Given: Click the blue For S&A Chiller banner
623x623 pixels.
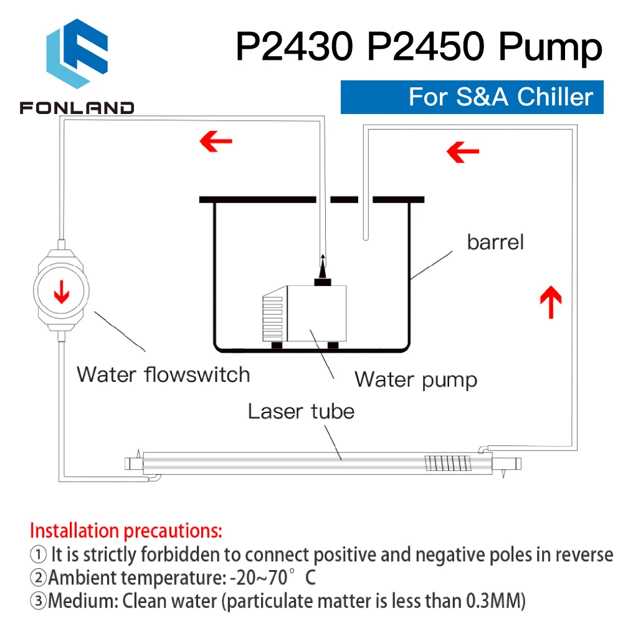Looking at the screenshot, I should tap(472, 97).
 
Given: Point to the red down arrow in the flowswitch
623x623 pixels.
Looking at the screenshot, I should tap(62, 292).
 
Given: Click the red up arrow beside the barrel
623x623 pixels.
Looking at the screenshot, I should tap(550, 302).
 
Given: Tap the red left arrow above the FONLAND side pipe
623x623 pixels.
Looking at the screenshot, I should tap(216, 143).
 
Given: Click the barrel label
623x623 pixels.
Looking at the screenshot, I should tap(496, 242).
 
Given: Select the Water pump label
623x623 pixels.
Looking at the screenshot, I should tap(416, 379).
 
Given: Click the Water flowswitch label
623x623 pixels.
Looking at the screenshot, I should tap(163, 374).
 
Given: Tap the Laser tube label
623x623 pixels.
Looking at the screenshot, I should tap(301, 411).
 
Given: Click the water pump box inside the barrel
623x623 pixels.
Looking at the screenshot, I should tap(311, 313).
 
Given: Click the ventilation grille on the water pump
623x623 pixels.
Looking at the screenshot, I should tap(273, 318).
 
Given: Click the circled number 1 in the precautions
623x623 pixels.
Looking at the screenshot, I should tap(38, 554).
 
